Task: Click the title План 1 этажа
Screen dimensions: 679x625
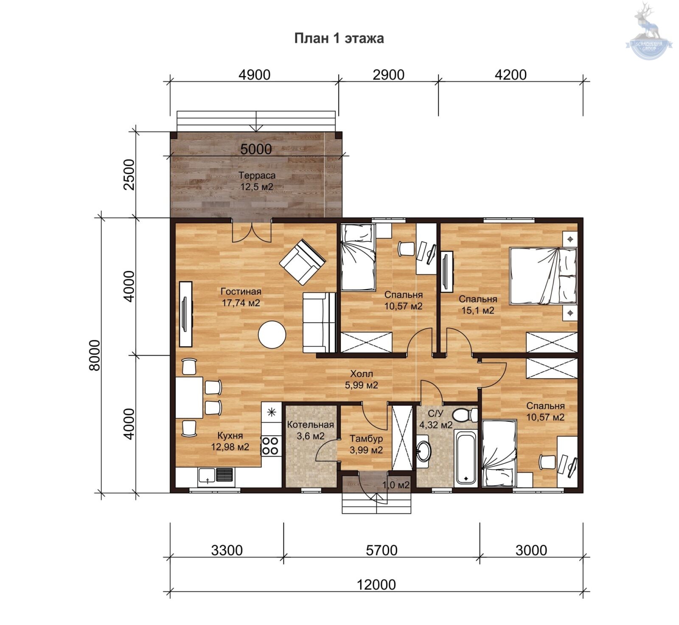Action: (x=339, y=38)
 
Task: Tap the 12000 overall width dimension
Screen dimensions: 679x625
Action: (x=376, y=585)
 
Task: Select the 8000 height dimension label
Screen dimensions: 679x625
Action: (x=95, y=356)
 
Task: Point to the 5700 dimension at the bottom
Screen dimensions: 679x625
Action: (x=382, y=550)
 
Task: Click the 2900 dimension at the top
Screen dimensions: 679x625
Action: (x=388, y=75)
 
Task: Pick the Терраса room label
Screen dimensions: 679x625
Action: (x=257, y=175)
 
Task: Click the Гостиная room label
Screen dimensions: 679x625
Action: (x=241, y=291)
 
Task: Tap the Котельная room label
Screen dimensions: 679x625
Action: (x=311, y=425)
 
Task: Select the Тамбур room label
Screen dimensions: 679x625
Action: (x=366, y=439)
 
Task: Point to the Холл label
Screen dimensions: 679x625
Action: (x=362, y=374)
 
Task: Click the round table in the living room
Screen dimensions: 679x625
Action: (x=272, y=334)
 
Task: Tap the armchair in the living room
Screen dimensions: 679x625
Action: (x=303, y=262)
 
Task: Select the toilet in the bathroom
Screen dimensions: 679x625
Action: (x=465, y=414)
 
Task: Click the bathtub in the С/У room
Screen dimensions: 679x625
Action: (x=466, y=458)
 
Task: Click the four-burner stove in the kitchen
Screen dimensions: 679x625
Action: (x=270, y=446)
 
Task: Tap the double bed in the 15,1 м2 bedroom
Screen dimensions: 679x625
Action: (x=543, y=276)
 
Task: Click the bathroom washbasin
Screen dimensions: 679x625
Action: (x=423, y=451)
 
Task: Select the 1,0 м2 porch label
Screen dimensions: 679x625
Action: (x=396, y=485)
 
